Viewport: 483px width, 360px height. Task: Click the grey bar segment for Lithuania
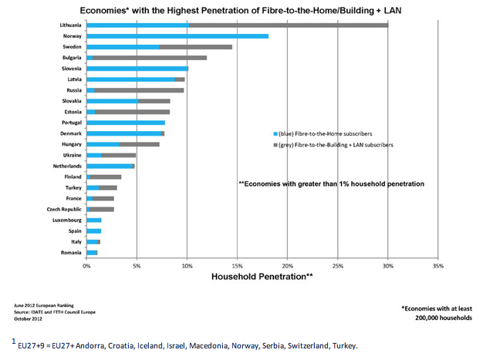288,25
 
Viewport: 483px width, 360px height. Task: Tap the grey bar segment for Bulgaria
150,58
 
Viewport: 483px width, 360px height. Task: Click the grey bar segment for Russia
139,90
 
